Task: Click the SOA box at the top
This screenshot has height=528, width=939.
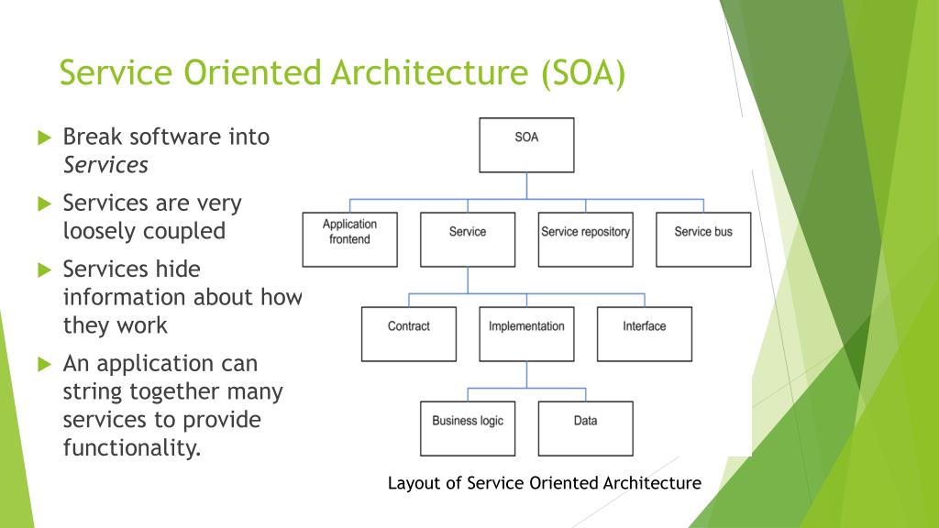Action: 526,145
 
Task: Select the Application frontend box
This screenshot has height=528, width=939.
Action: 349,239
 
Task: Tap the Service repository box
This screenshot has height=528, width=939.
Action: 585,239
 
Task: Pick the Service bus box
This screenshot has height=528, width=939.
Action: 703,239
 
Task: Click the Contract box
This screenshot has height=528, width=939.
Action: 408,334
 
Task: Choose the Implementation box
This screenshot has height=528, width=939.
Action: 526,334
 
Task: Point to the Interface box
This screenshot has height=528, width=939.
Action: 644,334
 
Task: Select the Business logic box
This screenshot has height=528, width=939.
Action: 468,428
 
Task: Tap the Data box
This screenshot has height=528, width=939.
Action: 585,428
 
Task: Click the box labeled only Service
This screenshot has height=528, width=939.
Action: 468,239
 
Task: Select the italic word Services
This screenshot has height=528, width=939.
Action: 105,166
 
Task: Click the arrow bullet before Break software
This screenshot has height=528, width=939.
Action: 44,138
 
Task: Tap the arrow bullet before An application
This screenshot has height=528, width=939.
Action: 44,365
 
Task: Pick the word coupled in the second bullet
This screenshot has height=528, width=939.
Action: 183,231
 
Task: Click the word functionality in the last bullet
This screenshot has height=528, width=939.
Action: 131,449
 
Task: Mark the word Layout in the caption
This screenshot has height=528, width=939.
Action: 414,483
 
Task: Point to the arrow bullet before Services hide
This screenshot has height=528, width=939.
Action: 44,270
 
